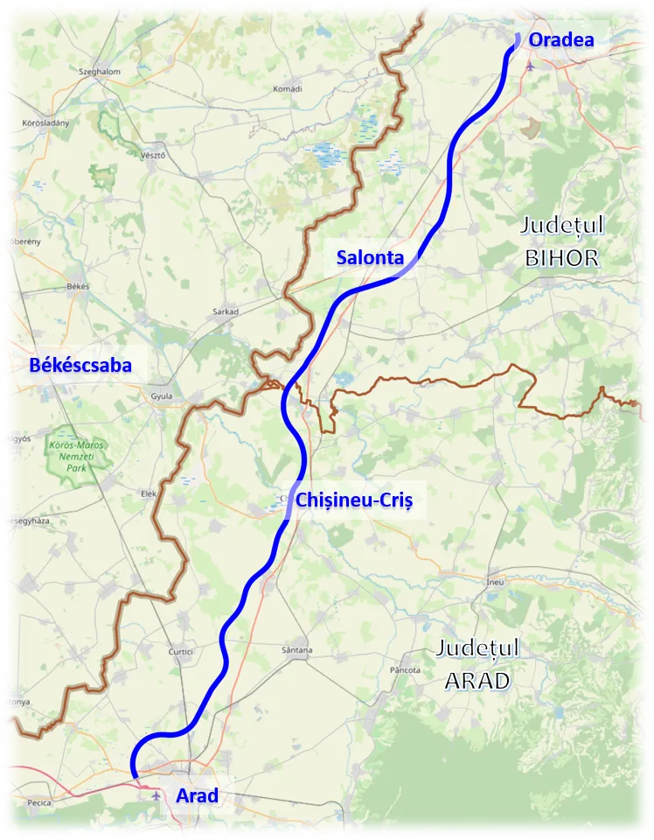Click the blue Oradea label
click(x=561, y=39)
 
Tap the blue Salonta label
click(x=370, y=257)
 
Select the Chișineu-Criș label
click(x=353, y=500)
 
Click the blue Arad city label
click(x=197, y=796)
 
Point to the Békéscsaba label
click(x=80, y=366)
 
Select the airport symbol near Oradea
click(x=530, y=66)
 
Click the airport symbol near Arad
click(x=156, y=796)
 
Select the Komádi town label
click(x=287, y=88)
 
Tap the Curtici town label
click(x=181, y=652)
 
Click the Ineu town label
click(x=495, y=582)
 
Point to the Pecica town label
click(x=39, y=801)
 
